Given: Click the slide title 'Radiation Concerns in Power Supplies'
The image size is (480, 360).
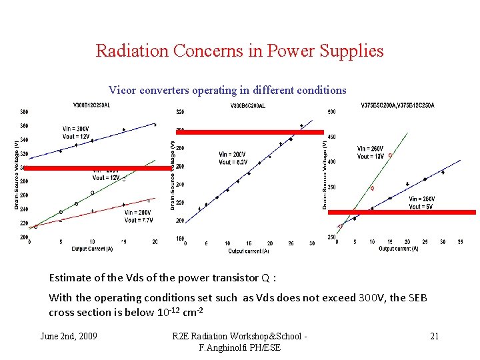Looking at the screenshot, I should point(239,51).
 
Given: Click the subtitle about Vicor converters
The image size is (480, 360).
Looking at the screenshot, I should point(227,90).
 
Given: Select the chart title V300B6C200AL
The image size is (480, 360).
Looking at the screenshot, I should point(247,105).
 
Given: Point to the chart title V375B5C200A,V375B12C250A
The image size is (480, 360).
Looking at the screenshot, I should point(397,105).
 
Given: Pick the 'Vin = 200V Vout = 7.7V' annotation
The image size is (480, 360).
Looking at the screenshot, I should point(138,215).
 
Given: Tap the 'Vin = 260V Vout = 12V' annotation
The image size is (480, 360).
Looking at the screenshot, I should point(371,153).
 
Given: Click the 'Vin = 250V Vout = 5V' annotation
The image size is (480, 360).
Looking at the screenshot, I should point(422,203).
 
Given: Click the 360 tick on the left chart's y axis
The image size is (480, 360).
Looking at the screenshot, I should point(24,126).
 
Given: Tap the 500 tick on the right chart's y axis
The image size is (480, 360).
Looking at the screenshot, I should point(331,112).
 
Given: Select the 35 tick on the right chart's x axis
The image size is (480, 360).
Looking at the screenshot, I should point(460,242).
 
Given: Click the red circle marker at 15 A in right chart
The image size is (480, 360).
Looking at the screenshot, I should point(390,155).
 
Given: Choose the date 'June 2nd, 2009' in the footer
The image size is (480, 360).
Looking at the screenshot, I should point(69,336).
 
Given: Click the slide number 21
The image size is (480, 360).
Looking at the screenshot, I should point(434,336).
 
